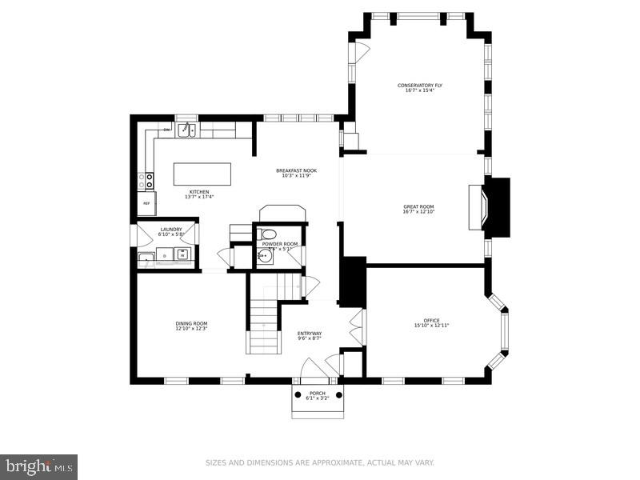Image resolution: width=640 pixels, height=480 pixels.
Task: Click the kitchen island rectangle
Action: (202, 174)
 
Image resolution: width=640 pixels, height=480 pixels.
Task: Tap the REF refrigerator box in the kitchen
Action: (146, 203)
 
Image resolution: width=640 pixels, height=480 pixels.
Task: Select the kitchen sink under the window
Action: (186, 130)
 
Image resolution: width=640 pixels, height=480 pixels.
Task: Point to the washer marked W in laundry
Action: (182, 255)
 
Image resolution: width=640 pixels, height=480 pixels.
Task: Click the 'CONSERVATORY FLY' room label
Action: (420, 86)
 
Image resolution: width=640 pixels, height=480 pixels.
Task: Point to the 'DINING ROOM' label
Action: (191, 323)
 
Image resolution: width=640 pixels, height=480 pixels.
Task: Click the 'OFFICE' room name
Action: (432, 321)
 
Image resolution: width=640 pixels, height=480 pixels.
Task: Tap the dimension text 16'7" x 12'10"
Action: (418, 212)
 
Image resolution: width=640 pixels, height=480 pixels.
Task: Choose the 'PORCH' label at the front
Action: (317, 394)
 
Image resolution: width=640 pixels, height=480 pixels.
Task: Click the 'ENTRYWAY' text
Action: (310, 334)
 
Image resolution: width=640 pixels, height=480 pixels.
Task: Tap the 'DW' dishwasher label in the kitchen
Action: (166, 130)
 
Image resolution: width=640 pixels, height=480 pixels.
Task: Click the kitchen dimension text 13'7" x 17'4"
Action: (198, 197)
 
